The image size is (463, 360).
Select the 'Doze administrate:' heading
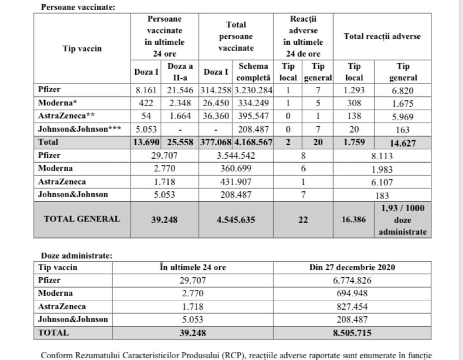[76, 256]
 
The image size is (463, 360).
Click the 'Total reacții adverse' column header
[382, 36]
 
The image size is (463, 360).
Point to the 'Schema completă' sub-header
[253, 72]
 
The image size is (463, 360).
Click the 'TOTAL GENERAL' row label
[82, 219]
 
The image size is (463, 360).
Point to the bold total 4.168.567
[253, 142]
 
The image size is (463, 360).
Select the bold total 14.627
[403, 143]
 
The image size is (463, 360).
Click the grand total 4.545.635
[236, 220]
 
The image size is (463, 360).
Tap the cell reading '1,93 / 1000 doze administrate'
[403, 220]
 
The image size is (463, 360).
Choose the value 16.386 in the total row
[354, 220]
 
